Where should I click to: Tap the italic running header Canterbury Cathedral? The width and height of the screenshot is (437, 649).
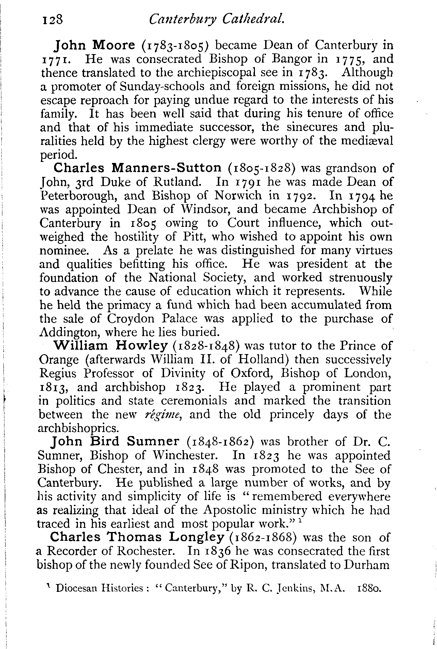216,20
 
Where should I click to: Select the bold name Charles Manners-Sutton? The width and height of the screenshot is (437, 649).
138,168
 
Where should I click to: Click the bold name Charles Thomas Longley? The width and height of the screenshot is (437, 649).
137,537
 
